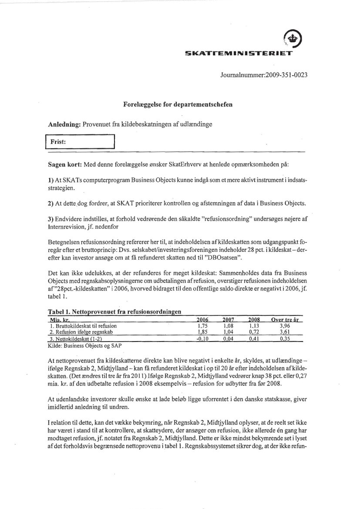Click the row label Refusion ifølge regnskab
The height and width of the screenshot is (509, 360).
coord(81,332)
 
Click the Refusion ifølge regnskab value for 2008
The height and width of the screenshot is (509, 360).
coord(254,332)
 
